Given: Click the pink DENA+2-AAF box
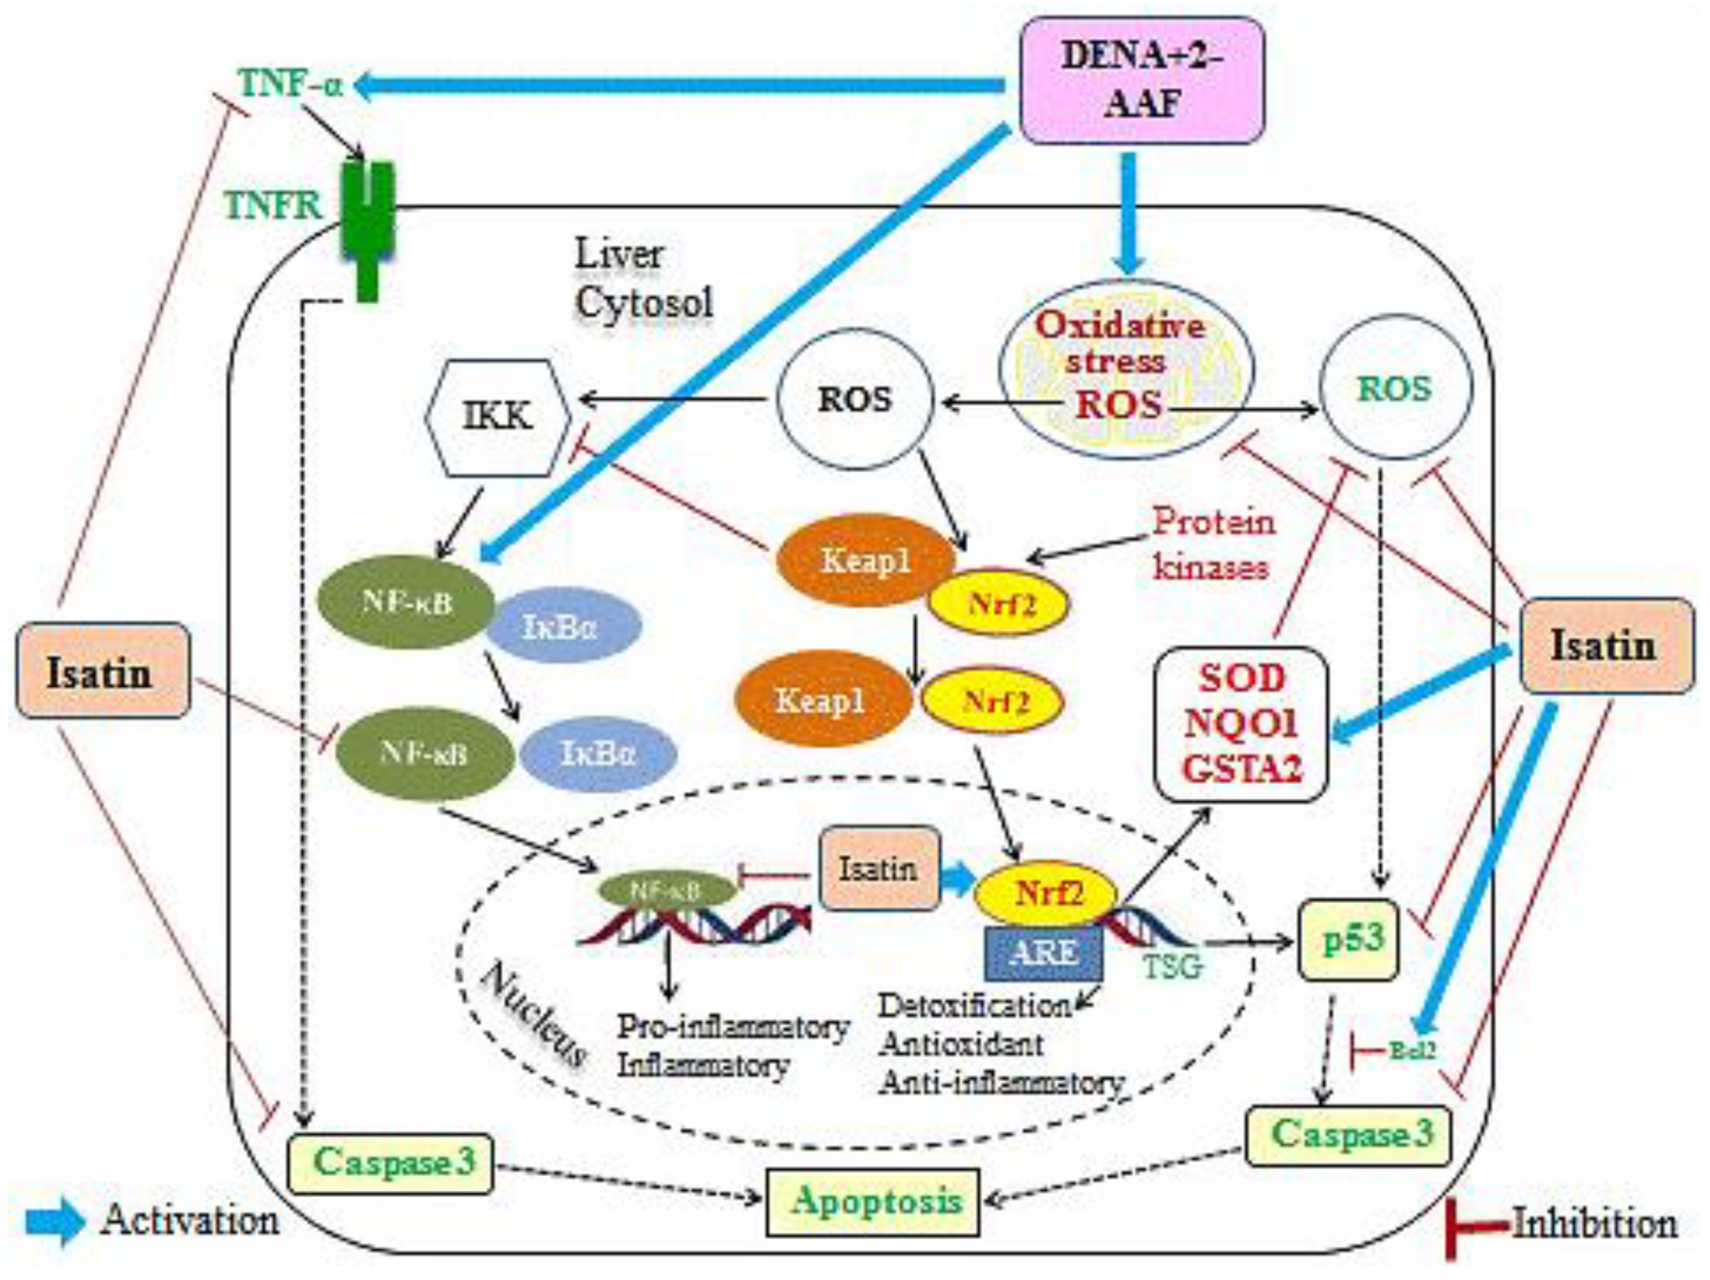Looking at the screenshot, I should (x=1142, y=80).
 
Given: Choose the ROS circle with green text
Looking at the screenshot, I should (x=1396, y=389).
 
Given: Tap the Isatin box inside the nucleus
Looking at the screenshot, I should (x=879, y=869).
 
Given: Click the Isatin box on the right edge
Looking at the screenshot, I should (x=1606, y=645).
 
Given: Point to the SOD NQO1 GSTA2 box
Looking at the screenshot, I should (x=1242, y=724).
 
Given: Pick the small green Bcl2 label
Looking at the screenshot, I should (x=1412, y=1050).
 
